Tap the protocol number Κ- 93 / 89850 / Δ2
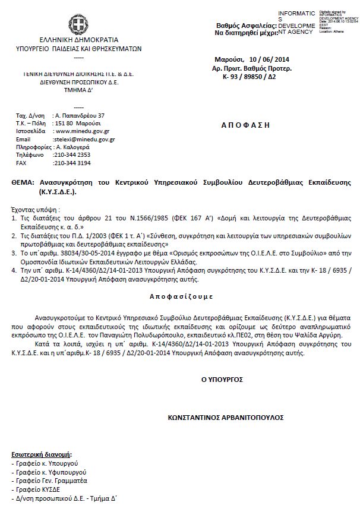click(254, 78)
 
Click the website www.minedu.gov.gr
click(81, 131)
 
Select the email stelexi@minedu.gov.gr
click(84, 139)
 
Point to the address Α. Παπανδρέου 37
click(79, 115)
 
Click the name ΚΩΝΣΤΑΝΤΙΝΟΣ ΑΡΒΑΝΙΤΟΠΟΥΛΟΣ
click(226, 418)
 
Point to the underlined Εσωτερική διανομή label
click(37, 453)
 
